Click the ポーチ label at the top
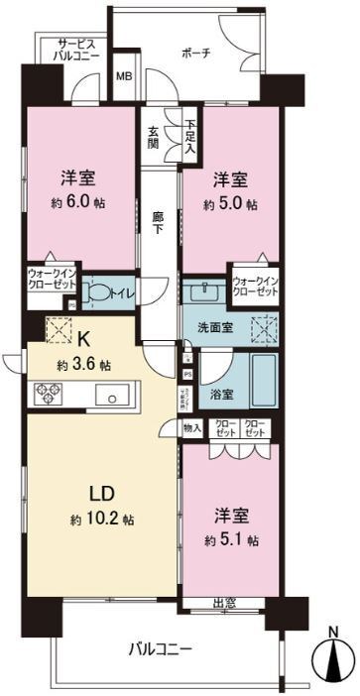[x=194, y=54]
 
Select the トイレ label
[x=122, y=292]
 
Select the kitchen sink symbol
[x=112, y=397]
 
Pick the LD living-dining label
[x=88, y=492]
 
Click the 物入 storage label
[x=191, y=428]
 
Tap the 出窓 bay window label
[x=224, y=604]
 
